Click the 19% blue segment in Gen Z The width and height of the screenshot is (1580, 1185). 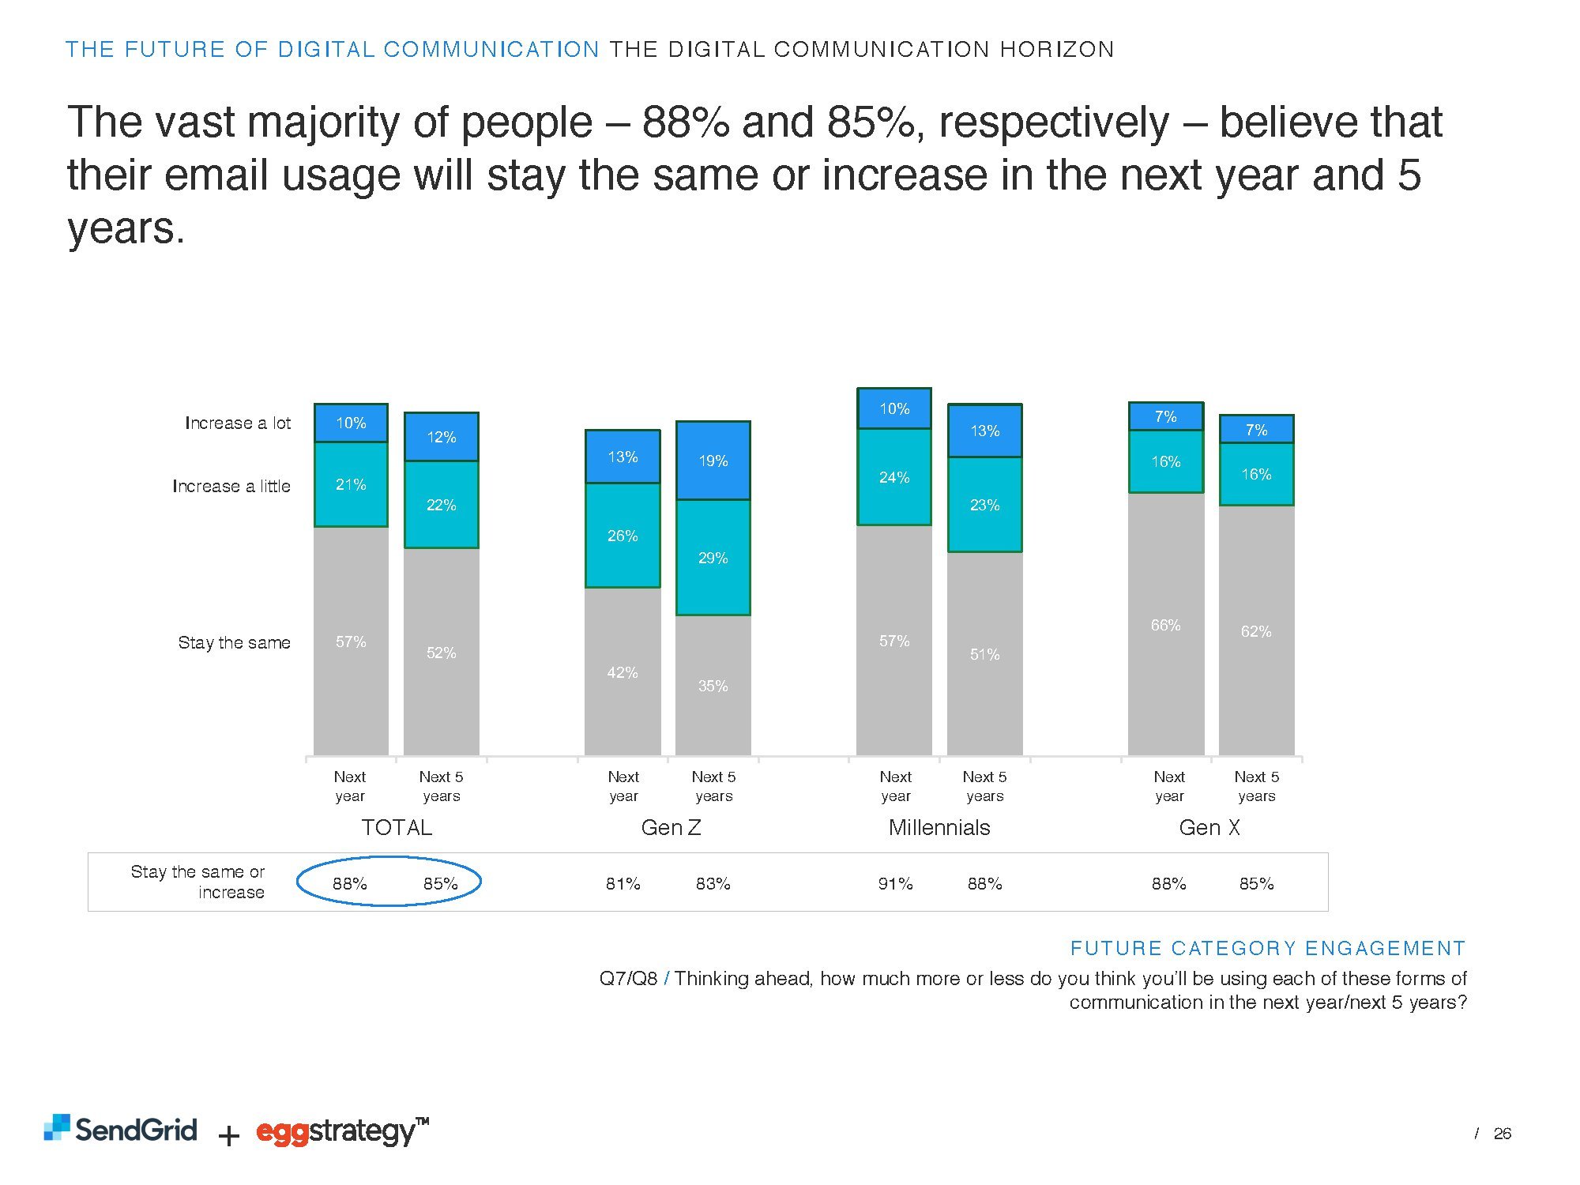coord(713,461)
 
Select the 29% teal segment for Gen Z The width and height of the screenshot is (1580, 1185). coord(713,558)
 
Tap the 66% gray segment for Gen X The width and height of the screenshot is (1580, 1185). coord(1165,624)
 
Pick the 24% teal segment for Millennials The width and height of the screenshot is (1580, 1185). coord(894,477)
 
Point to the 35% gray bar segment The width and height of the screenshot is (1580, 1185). coord(713,685)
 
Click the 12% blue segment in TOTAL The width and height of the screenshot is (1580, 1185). coord(441,437)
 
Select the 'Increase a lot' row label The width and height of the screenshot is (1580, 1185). coord(238,423)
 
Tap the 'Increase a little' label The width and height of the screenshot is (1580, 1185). coord(231,487)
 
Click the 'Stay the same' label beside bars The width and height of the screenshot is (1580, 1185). coord(234,643)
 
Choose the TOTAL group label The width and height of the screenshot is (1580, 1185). coord(397,828)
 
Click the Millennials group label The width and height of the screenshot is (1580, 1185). coord(939,828)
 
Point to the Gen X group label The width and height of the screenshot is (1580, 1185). coord(1209,828)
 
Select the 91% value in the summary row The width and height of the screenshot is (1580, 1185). coord(895,884)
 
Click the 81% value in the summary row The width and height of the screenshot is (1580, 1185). coord(623,884)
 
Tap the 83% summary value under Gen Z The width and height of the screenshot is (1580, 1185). coord(713,884)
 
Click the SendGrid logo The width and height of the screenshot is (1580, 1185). coord(121,1130)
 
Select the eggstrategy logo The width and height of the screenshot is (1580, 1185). coord(341,1131)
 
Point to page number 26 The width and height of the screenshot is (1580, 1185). coord(1502,1134)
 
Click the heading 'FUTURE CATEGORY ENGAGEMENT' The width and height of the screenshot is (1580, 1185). coord(1268,948)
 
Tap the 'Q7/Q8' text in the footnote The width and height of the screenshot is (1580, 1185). coord(628,979)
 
